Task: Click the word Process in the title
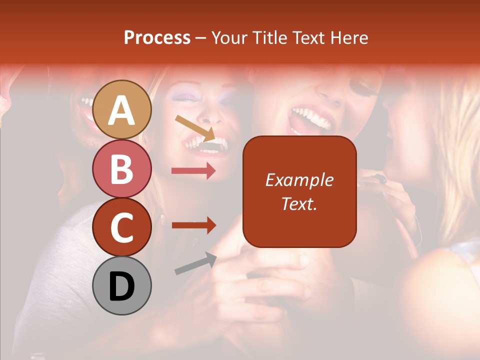pyautogui.click(x=157, y=38)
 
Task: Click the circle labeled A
pyautogui.click(x=122, y=109)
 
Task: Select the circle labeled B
pyautogui.click(x=122, y=168)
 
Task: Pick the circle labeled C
pyautogui.click(x=122, y=227)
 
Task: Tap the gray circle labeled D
pyautogui.click(x=122, y=285)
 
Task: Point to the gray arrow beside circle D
pyautogui.click(x=195, y=263)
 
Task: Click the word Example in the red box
pyautogui.click(x=299, y=180)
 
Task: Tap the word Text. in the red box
pyautogui.click(x=299, y=203)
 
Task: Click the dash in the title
pyautogui.click(x=200, y=38)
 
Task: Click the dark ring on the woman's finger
pyautogui.click(x=382, y=178)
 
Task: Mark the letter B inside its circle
pyautogui.click(x=122, y=168)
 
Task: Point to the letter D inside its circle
pyautogui.click(x=122, y=286)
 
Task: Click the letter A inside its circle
pyautogui.click(x=122, y=110)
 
